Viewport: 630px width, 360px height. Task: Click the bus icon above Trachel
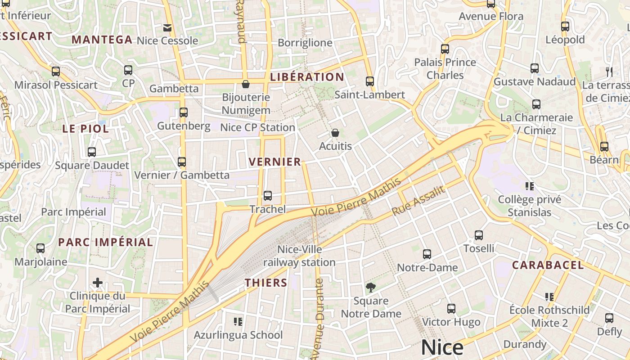268,196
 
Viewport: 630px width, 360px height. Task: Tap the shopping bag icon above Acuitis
335,133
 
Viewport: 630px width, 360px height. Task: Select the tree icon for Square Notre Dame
371,287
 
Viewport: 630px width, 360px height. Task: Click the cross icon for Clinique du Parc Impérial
98,283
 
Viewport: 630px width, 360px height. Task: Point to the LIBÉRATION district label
307,77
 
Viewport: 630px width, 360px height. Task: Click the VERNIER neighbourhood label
274,162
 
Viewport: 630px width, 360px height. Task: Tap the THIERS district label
265,283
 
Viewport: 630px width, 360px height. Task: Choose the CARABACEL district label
548,265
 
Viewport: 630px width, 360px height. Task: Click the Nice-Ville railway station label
299,256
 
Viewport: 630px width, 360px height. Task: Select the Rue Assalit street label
418,201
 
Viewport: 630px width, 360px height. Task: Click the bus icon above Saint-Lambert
370,81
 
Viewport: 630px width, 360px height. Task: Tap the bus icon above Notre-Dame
427,254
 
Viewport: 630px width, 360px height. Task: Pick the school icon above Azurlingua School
238,321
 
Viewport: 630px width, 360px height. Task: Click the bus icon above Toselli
479,235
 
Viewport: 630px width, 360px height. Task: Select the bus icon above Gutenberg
184,112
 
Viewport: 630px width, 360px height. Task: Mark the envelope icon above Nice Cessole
167,28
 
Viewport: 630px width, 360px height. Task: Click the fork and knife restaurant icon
609,72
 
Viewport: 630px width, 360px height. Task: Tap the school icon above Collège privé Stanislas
530,186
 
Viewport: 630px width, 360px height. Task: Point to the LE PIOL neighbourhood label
85,129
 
